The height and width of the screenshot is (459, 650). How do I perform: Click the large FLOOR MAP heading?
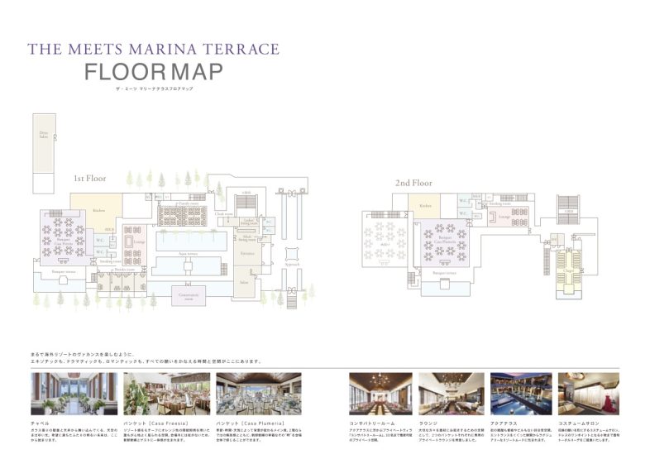pos(154,72)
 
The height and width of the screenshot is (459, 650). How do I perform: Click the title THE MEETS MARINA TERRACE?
pos(153,49)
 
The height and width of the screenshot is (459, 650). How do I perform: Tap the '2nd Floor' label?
pos(413,183)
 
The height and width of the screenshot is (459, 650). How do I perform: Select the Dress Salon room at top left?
pos(43,136)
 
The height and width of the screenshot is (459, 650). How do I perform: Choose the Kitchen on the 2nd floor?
pos(425,206)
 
